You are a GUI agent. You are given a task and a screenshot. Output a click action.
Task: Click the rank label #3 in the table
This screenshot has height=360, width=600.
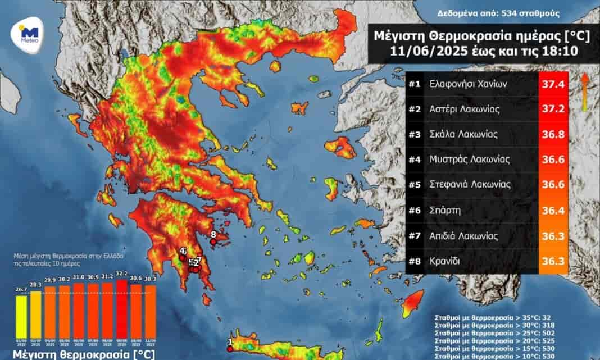[x=415, y=134]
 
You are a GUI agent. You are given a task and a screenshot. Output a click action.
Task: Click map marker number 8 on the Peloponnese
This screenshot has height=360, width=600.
[x=213, y=241]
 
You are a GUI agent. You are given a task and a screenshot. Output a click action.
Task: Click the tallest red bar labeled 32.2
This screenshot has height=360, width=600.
[x=121, y=312]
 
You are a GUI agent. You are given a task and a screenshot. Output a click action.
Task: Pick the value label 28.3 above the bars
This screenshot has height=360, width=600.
[x=35, y=285]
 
